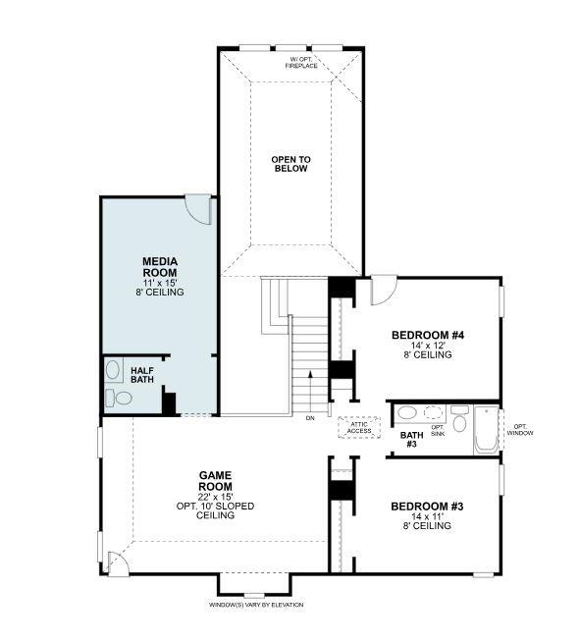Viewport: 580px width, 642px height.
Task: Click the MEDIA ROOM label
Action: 160,266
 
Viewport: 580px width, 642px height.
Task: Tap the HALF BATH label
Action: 142,375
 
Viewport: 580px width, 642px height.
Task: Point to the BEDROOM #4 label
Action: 426,335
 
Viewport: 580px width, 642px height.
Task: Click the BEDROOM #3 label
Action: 426,507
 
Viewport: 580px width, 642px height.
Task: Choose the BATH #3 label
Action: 411,439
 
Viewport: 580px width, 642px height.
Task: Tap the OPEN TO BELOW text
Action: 290,163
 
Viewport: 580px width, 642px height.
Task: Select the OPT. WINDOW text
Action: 519,429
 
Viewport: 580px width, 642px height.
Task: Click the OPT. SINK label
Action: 438,430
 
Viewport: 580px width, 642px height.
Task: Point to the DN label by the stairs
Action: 309,418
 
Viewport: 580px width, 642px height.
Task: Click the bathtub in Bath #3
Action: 487,430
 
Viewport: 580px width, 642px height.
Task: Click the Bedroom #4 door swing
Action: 383,289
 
